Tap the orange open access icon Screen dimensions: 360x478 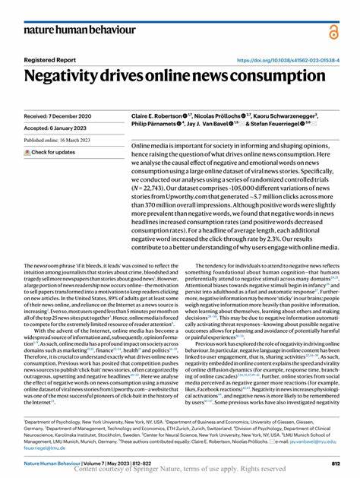pos(332,31)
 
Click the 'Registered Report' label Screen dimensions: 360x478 pos(49,59)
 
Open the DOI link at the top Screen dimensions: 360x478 pos(288,59)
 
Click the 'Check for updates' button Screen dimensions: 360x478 pos(49,152)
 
